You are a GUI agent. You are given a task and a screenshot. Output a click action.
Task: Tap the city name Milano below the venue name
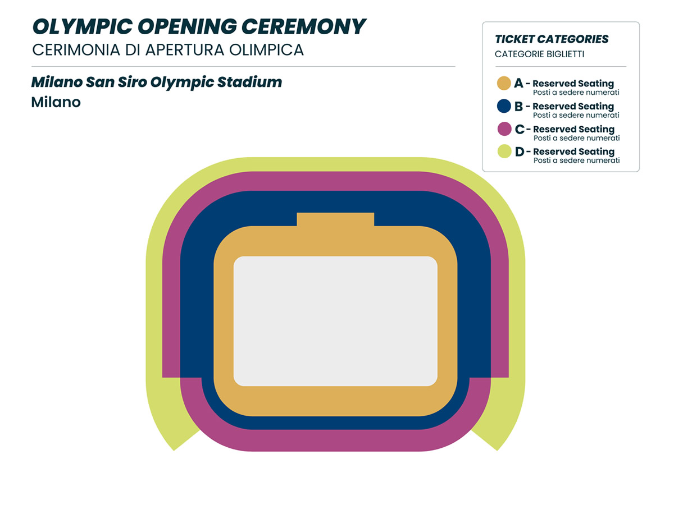tap(56, 102)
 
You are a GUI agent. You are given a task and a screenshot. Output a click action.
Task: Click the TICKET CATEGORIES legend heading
tap(552, 39)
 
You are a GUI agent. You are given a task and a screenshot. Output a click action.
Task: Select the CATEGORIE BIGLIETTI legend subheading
tap(539, 54)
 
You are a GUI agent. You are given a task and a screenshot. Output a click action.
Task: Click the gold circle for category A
tap(504, 84)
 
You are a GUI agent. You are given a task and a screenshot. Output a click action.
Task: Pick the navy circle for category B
tap(504, 106)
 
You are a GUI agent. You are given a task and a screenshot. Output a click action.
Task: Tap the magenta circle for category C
tap(504, 129)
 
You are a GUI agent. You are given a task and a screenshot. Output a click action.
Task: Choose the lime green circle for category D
tap(504, 151)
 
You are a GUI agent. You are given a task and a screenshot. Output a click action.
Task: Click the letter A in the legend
tap(518, 84)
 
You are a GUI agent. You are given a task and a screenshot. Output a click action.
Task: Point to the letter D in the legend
tap(520, 151)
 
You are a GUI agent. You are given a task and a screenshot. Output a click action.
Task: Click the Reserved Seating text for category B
tap(573, 106)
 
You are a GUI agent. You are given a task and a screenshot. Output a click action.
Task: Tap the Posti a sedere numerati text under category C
tap(576, 138)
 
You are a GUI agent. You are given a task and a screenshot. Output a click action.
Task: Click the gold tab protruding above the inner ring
tap(335, 219)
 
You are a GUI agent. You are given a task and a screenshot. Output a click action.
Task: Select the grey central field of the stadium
tap(335, 321)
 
